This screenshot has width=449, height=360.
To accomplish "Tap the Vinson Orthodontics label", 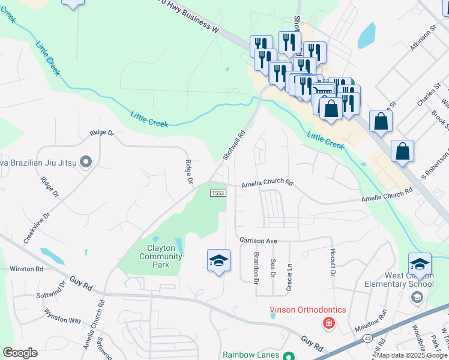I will (x=307, y=310).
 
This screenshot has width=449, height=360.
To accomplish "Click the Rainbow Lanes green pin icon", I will (x=288, y=356).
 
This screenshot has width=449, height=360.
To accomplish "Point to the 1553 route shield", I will (x=217, y=193).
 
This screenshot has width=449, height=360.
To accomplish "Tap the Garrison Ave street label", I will (x=258, y=241).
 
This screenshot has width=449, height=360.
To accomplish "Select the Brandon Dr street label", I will (x=256, y=268).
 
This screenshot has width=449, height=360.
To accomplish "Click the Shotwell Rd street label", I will (x=234, y=145).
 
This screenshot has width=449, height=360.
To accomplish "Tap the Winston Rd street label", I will (x=26, y=269).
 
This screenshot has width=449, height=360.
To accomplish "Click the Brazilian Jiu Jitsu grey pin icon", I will (x=85, y=162).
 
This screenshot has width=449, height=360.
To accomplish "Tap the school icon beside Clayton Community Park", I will (x=218, y=261).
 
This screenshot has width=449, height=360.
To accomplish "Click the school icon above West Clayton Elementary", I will (x=420, y=264).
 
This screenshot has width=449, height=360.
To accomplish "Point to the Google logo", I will (x=20, y=353).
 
